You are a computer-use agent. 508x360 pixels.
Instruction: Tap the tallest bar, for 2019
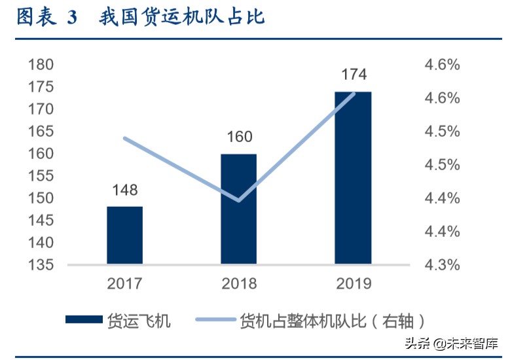coord(353,178)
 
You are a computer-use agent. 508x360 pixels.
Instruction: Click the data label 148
coord(124,190)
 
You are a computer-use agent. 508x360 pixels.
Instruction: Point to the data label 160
coord(239,137)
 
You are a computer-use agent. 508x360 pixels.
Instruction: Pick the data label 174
coord(354,74)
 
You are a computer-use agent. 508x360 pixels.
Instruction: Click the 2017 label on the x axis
coord(124,283)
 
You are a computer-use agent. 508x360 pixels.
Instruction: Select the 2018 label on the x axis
coord(239,283)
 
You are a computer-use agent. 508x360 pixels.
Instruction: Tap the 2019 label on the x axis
coord(354,283)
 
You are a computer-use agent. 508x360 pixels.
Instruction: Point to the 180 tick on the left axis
coord(41,65)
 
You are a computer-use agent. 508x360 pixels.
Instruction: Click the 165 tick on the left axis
coord(41,132)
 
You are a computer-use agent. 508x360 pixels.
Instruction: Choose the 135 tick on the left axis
coord(41,265)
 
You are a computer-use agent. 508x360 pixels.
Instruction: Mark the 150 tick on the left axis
coord(41,198)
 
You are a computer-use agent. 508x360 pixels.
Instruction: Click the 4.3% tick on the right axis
coord(443,265)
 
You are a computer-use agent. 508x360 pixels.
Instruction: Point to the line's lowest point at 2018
coord(239,200)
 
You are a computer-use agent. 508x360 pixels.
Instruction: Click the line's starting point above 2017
coord(124,138)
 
